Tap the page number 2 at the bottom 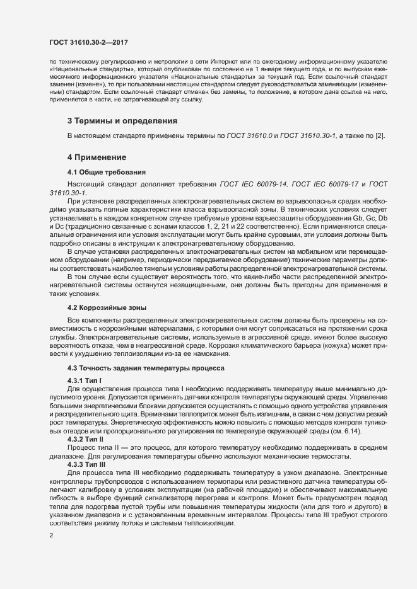coord(51,535)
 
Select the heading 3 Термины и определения coord(122,120)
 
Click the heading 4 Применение coord(97,157)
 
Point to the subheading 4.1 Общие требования coord(107,171)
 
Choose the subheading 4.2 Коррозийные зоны coord(107,308)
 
